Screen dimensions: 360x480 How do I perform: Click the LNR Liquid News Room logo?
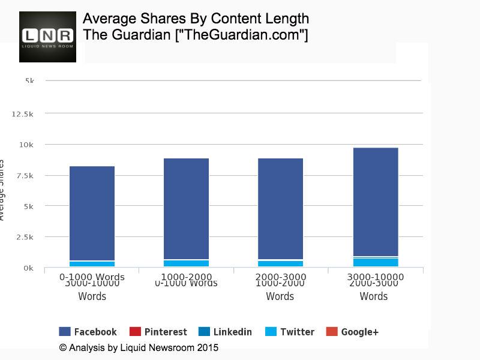pos(47,37)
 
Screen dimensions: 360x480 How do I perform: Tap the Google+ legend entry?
pos(352,332)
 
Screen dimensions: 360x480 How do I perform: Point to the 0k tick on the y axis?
pos(28,268)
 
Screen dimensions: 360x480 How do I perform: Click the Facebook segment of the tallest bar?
pos(376,201)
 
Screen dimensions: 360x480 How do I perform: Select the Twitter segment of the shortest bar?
pos(92,264)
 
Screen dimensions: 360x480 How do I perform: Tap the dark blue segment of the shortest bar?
pos(92,213)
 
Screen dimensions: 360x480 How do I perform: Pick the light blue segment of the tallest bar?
pos(376,262)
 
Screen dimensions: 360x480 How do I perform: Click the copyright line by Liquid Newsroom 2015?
pos(139,347)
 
